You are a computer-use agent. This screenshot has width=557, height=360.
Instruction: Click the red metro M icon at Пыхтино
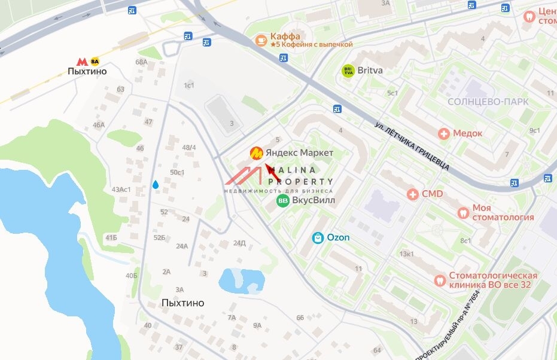tap(82, 61)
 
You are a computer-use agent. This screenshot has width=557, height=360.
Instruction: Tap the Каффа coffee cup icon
tap(261, 40)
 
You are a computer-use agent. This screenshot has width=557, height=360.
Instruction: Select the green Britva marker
tap(348, 71)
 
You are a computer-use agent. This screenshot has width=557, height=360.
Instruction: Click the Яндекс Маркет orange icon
tap(256, 153)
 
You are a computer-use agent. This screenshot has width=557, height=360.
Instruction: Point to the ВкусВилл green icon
tap(282, 200)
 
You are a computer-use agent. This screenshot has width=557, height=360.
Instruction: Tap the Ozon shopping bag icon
tap(318, 238)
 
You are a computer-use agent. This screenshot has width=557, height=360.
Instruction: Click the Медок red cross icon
tap(443, 133)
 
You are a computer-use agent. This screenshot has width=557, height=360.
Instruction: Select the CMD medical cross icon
tap(412, 194)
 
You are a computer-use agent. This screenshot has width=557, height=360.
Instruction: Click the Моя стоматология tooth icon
tap(462, 212)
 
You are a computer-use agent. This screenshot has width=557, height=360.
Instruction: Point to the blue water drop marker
tap(156, 185)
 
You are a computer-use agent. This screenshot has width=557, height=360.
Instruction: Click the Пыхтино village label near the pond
tap(182, 303)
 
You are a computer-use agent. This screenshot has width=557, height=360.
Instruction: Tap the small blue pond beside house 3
tap(242, 280)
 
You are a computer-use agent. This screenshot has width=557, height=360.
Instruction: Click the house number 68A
tap(141, 62)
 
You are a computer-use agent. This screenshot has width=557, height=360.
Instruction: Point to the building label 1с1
tap(189, 86)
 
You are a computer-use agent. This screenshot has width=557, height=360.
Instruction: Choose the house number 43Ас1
tap(121, 190)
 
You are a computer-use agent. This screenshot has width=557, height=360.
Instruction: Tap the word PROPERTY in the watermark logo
tap(300, 181)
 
